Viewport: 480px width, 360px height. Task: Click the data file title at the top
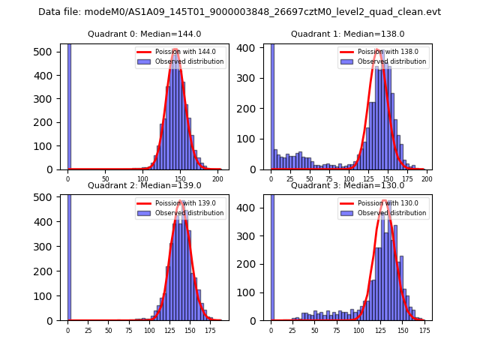point(240,12)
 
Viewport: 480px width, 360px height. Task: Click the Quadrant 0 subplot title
point(145,34)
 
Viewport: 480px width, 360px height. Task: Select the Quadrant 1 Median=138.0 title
point(348,34)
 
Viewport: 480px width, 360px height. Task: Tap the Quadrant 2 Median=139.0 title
point(145,185)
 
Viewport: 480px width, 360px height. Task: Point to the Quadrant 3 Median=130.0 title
point(348,185)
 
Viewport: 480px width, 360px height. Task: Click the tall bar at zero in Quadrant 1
point(271,105)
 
